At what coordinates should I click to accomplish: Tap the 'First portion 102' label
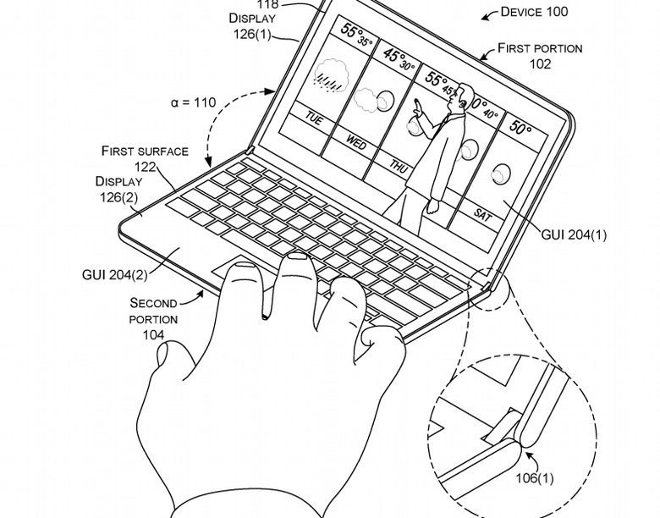(539, 56)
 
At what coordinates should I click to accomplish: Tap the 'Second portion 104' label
(154, 318)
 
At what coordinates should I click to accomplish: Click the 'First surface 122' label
(144, 158)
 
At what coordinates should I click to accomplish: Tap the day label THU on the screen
(399, 168)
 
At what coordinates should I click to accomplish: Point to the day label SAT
(482, 215)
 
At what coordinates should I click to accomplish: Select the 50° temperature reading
(520, 128)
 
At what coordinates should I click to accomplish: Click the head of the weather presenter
(461, 95)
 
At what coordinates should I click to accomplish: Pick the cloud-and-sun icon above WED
(373, 102)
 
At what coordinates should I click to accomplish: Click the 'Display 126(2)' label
(118, 189)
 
